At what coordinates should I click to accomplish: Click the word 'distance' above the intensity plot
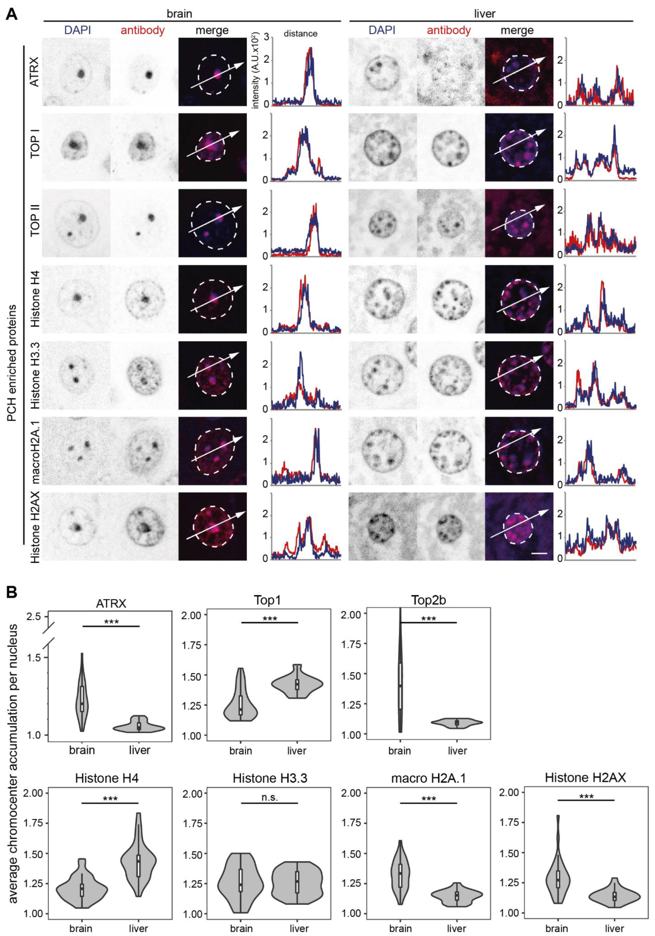pos(301,33)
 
